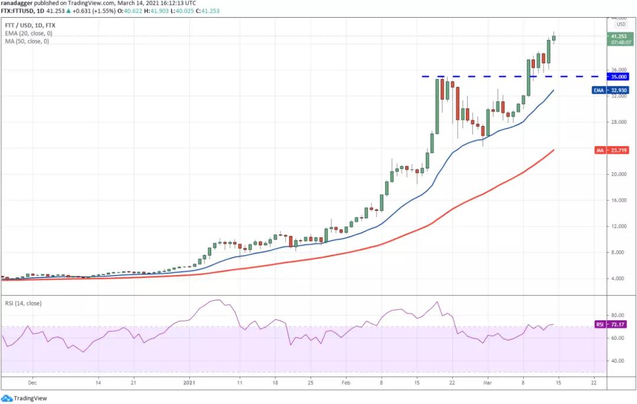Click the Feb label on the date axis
pos(346,382)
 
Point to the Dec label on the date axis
pos(32,382)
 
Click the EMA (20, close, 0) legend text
pos(26,34)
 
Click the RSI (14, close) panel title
pos(24,304)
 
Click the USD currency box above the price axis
pos(621,24)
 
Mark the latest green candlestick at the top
pos(554,38)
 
